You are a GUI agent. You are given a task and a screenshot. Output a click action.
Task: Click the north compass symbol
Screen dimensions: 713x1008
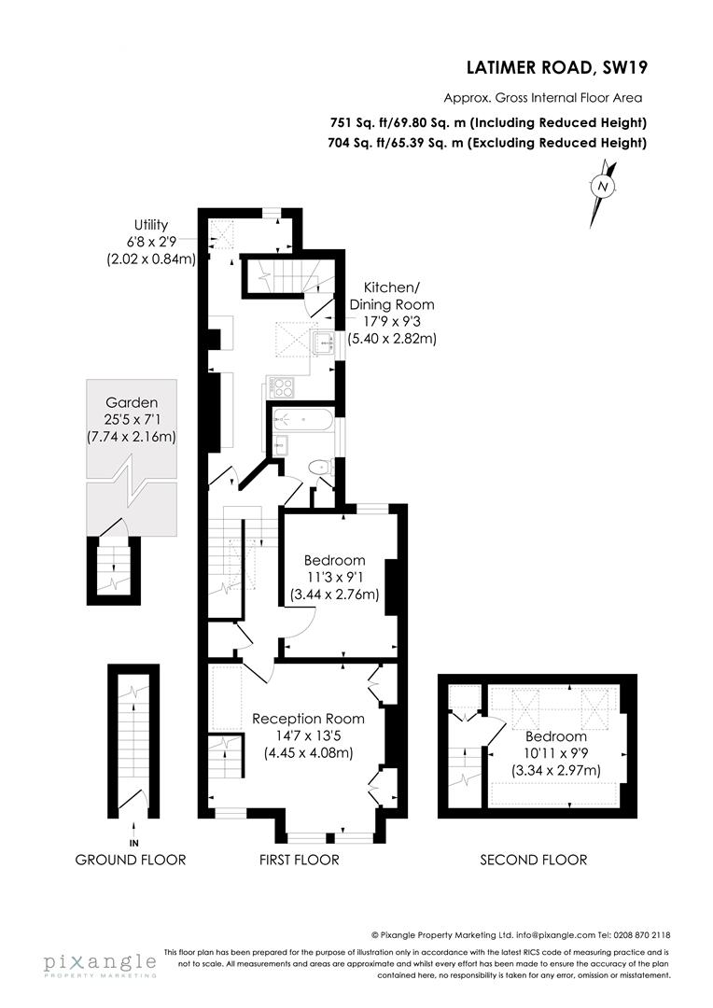click(x=603, y=193)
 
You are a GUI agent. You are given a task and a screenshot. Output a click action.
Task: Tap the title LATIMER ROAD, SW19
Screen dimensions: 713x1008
click(x=557, y=67)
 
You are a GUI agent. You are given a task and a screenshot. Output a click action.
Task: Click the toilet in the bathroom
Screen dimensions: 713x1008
click(x=319, y=467)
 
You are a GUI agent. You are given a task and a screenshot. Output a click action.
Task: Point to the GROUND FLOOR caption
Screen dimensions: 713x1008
click(x=131, y=860)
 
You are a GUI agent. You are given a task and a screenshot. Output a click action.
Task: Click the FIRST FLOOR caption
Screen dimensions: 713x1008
click(x=299, y=860)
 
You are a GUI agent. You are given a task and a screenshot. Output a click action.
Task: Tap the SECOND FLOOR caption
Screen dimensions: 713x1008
click(x=534, y=860)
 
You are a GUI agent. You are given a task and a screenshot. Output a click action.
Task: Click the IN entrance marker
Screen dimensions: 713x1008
click(x=133, y=843)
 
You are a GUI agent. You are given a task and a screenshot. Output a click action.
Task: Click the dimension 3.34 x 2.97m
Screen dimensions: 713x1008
click(x=556, y=770)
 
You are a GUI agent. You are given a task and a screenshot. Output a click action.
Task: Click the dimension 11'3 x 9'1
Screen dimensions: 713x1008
click(x=334, y=578)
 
